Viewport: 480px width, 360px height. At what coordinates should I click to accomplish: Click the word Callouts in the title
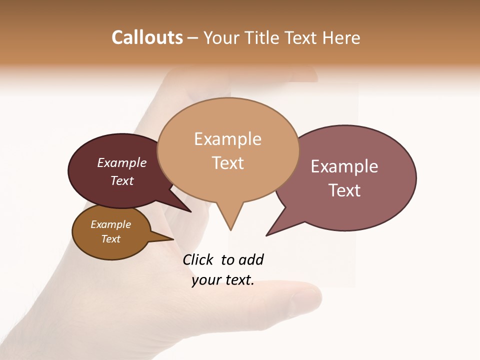(147, 37)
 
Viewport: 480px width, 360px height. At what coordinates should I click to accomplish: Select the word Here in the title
(340, 38)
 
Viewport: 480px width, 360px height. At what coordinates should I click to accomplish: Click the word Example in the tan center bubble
(227, 139)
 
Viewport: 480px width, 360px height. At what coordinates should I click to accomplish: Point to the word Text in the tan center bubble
(227, 163)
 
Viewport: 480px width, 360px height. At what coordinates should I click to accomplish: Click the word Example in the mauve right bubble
(344, 166)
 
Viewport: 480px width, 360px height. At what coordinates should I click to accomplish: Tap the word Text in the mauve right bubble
(344, 190)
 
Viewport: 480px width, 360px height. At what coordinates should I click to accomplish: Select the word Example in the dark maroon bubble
(122, 163)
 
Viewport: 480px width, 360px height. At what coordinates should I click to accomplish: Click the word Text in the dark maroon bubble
(122, 181)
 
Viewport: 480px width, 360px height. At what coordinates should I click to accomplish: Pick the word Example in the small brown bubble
(110, 225)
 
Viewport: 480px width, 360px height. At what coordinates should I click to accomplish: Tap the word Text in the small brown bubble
(110, 239)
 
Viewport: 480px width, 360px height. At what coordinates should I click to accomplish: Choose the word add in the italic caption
(250, 260)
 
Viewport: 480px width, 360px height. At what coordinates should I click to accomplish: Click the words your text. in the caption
(223, 280)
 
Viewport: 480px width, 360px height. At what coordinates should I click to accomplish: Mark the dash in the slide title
(193, 38)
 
